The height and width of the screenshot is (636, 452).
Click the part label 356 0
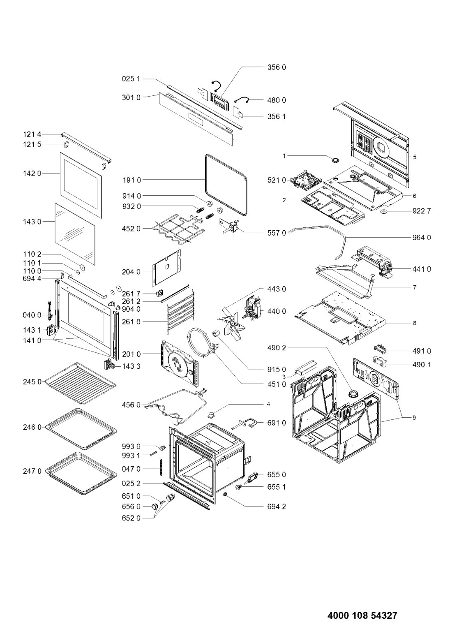point(277,67)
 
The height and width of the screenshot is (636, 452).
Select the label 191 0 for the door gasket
point(131,180)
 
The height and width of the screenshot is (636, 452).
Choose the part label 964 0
point(422,238)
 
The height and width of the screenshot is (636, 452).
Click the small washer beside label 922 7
point(384,211)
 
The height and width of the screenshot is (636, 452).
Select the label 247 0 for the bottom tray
point(32,472)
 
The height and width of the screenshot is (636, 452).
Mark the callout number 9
point(414,418)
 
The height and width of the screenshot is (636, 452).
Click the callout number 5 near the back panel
point(415,157)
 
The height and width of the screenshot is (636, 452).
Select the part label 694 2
point(277,506)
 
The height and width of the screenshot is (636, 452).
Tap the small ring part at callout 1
point(336,160)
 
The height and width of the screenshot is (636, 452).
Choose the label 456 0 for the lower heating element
point(131,405)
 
